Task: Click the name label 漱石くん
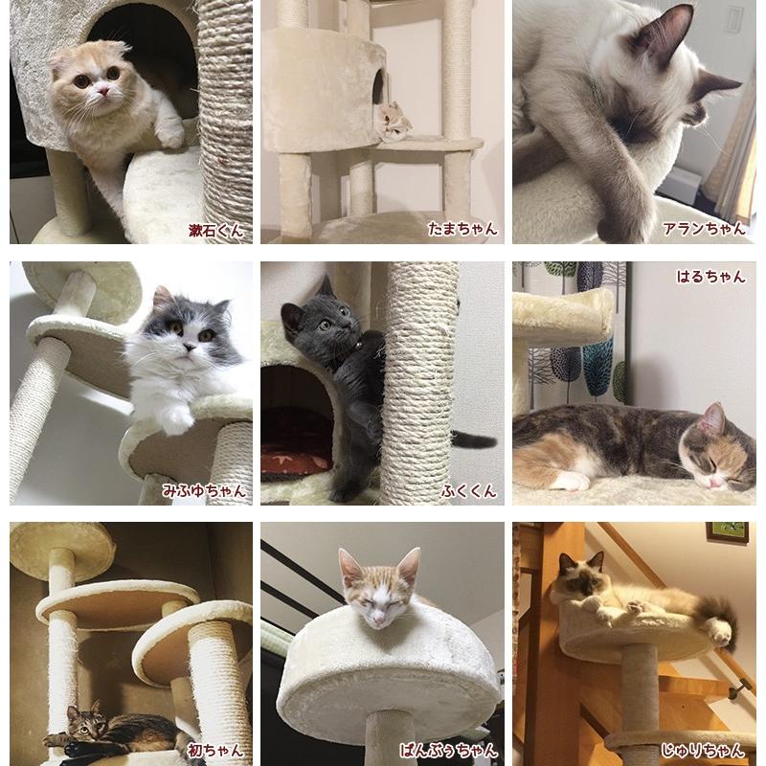pyautogui.click(x=215, y=230)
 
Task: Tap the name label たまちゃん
pyautogui.click(x=462, y=230)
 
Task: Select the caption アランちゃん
pyautogui.click(x=704, y=230)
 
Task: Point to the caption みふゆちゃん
pyautogui.click(x=204, y=490)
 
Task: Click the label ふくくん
pyautogui.click(x=469, y=490)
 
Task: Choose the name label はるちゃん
pyautogui.click(x=710, y=277)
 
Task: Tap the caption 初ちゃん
pyautogui.click(x=216, y=750)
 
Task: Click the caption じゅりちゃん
pyautogui.click(x=704, y=750)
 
